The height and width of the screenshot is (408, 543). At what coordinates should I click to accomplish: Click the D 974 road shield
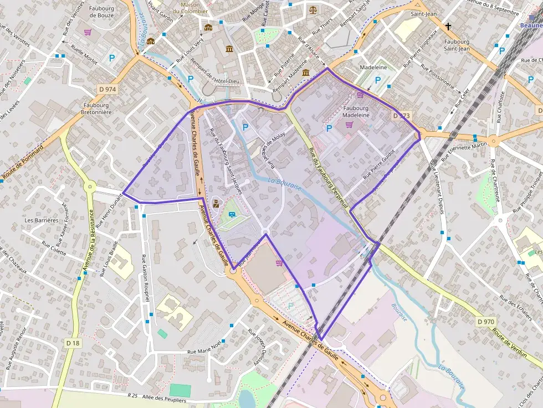click(107, 89)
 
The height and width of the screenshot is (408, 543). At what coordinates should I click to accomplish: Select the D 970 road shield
click(485, 322)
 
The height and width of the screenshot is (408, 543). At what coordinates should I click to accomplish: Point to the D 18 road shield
click(72, 343)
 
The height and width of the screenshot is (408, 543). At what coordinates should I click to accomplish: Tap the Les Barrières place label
click(42, 220)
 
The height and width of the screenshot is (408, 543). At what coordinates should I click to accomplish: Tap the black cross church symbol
click(448, 26)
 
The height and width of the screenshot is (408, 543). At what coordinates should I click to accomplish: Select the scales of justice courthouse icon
click(314, 9)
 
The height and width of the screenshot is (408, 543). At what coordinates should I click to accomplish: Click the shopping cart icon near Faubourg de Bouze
click(88, 32)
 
